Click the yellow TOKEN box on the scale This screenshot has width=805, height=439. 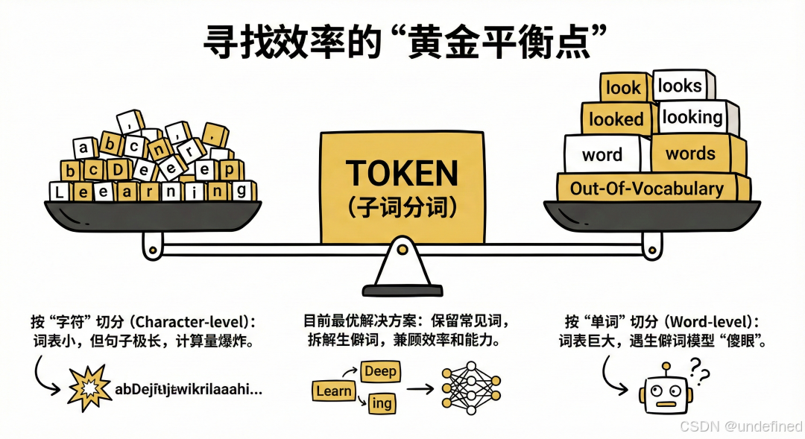coord(402,186)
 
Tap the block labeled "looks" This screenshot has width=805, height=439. coord(681,86)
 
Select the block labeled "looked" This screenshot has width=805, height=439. coord(616,119)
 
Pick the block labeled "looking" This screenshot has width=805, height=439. coord(693,118)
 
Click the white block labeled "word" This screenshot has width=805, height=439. coord(602,154)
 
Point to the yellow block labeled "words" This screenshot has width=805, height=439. coord(692,154)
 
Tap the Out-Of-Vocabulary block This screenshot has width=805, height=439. coord(647,189)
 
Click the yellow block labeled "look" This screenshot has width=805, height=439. coord(623,88)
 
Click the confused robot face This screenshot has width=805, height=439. coord(662,391)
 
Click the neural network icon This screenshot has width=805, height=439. coord(469,389)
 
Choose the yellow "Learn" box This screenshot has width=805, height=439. coord(334,390)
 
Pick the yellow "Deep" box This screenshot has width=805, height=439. coord(380,370)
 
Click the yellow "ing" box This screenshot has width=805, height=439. coord(382,403)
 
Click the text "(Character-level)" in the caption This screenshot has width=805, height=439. coord(190,323)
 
